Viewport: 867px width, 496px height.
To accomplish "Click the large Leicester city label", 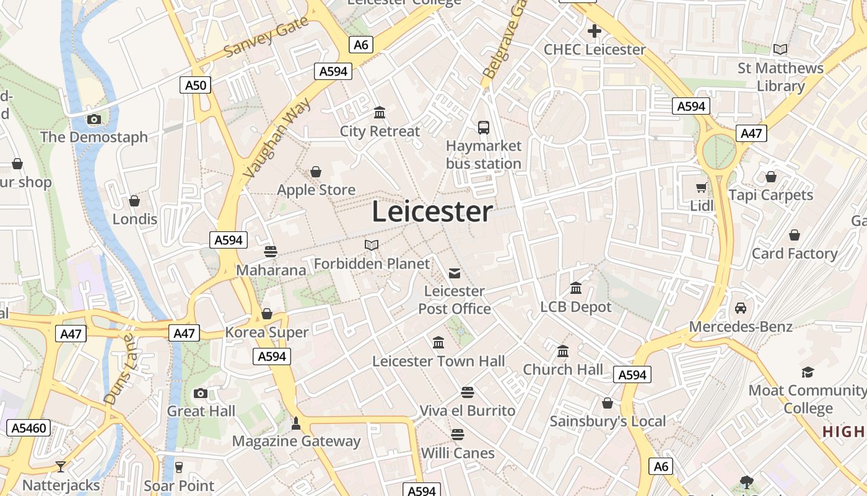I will click(x=432, y=212).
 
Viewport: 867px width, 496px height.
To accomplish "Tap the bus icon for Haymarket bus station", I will click(x=484, y=128).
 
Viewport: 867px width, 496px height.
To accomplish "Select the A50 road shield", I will click(x=196, y=85).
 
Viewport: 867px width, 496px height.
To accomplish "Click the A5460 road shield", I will click(x=30, y=428).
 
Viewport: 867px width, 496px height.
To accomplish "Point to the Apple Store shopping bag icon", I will click(x=316, y=171).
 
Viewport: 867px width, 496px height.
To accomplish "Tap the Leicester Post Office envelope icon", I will click(x=455, y=273).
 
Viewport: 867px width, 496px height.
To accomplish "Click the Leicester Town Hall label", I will click(x=438, y=361).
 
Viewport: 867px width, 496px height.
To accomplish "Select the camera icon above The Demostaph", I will click(x=94, y=119).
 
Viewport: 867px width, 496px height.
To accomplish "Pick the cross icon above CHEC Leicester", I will click(x=595, y=31).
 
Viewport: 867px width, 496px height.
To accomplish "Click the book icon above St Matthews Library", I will click(x=780, y=49).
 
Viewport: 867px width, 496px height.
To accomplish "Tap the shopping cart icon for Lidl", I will click(x=702, y=187).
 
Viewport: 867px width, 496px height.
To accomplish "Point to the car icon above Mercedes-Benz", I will click(x=741, y=308).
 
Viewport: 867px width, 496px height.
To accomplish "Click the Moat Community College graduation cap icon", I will click(x=808, y=372).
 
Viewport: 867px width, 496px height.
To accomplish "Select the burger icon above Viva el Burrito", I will click(x=468, y=392).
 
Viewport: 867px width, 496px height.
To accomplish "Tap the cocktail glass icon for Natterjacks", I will click(x=61, y=466).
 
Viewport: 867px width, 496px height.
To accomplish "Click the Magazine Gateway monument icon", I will click(x=296, y=423).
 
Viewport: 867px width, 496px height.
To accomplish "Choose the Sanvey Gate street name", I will click(x=266, y=37).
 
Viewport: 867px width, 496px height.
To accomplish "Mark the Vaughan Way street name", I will click(x=278, y=141).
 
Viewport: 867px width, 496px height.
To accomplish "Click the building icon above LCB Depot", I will click(x=576, y=288).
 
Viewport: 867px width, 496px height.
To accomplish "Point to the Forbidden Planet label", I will click(x=372, y=263).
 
